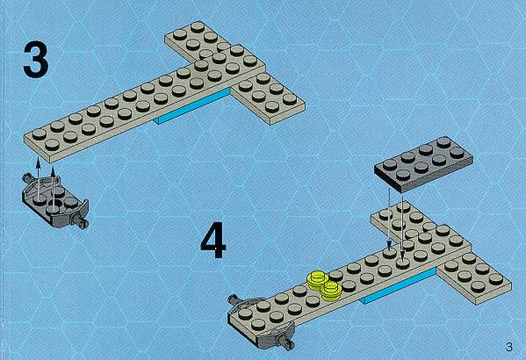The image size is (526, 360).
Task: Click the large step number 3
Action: tap(36, 60)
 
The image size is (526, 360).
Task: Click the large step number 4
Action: tap(213, 240)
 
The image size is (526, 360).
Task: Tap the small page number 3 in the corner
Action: tap(509, 347)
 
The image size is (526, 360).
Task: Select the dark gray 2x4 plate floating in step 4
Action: tap(423, 163)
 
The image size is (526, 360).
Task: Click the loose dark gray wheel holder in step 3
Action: tap(55, 201)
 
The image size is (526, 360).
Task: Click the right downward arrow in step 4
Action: tap(402, 227)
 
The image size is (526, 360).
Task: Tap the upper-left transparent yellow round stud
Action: tap(317, 279)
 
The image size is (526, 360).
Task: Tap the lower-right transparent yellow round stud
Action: tap(331, 289)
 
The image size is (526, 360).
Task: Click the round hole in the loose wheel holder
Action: tap(55, 204)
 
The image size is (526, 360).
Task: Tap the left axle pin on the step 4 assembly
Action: tap(234, 299)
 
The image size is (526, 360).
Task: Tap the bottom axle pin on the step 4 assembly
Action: tap(285, 342)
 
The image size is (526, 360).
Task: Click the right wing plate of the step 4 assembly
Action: tap(473, 278)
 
